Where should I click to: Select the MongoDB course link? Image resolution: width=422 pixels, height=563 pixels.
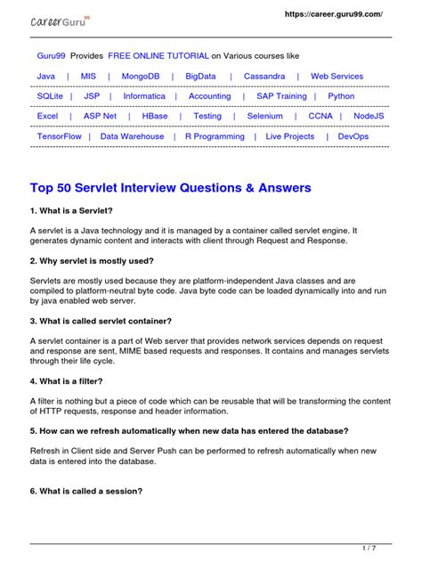pyautogui.click(x=141, y=77)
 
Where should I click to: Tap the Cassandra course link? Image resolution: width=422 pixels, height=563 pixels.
pyautogui.click(x=264, y=77)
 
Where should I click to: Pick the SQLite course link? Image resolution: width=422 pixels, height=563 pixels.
pyautogui.click(x=50, y=96)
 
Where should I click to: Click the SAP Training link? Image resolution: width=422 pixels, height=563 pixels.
pyautogui.click(x=281, y=96)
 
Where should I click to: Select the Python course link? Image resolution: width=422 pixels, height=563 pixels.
pyautogui.click(x=341, y=96)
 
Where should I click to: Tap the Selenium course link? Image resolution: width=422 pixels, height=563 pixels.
pyautogui.click(x=264, y=116)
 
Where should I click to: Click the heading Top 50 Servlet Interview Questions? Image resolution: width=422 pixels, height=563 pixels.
pyautogui.click(x=170, y=188)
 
